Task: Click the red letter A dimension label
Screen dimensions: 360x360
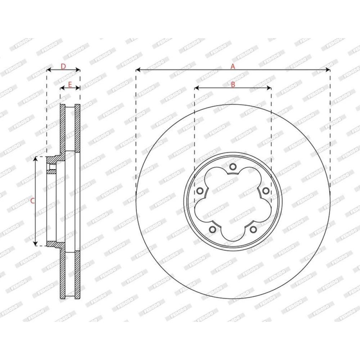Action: click(233, 66)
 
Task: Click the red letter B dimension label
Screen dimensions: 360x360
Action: click(233, 85)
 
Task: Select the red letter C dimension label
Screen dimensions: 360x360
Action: click(32, 201)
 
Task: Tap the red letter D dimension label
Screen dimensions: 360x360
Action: click(63, 66)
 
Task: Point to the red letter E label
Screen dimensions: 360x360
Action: click(70, 85)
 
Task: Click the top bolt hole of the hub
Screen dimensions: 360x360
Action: click(233, 166)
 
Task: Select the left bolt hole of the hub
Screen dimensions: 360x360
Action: click(200, 190)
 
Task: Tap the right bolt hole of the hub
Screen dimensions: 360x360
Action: click(266, 190)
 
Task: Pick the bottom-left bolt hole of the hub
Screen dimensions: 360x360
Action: click(213, 229)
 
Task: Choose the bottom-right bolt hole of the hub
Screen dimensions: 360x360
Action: click(253, 229)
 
